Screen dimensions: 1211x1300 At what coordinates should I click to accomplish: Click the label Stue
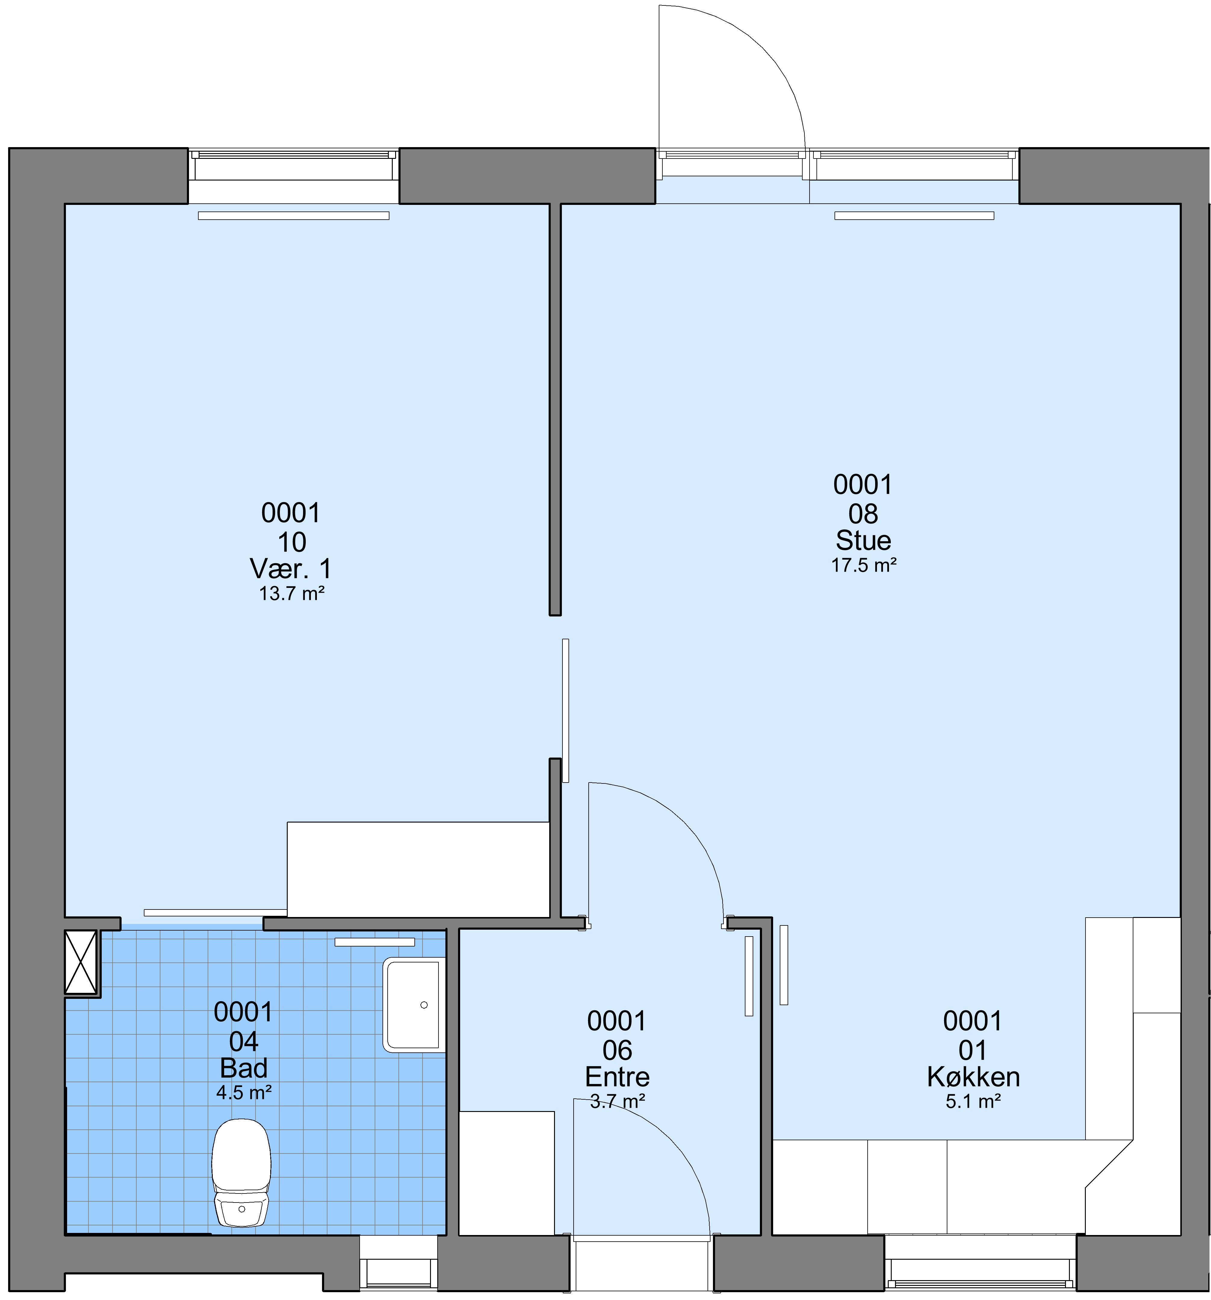[863, 540]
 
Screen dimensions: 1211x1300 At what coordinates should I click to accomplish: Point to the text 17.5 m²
[863, 565]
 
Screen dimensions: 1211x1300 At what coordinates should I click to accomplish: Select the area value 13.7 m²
[292, 594]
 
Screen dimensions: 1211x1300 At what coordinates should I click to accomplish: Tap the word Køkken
[973, 1077]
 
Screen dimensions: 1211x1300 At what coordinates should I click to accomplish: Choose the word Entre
[617, 1077]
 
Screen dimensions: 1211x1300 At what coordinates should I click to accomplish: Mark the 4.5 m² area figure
[243, 1093]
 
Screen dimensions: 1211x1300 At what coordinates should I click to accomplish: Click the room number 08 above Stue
[863, 514]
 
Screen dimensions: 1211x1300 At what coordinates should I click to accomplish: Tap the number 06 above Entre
[617, 1051]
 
